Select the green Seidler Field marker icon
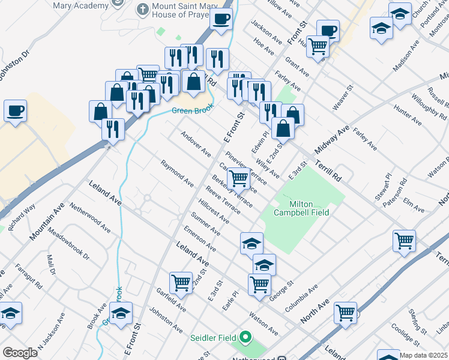[244, 338]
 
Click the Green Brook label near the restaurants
[191, 110]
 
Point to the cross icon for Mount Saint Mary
[142, 10]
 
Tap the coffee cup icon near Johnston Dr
[15, 111]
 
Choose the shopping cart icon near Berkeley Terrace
[239, 178]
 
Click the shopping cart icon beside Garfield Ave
[181, 281]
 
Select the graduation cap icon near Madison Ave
[399, 12]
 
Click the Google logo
[20, 353]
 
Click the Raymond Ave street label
[176, 173]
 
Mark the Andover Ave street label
[196, 144]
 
